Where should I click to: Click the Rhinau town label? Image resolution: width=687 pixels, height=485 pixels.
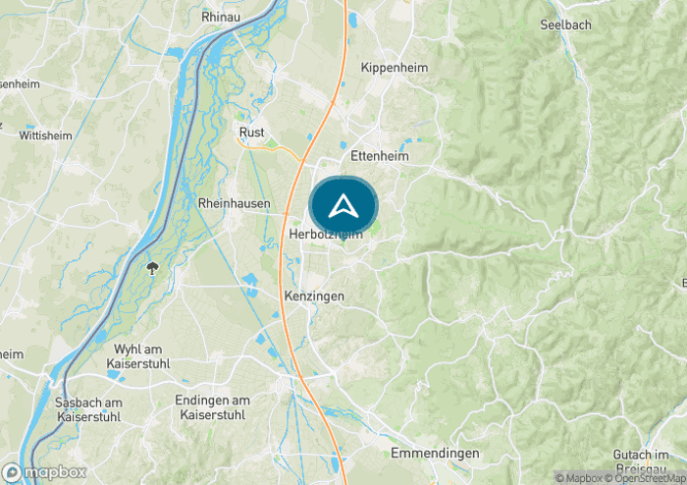pos(222,17)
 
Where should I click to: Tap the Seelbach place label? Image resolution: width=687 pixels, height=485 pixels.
pos(564,24)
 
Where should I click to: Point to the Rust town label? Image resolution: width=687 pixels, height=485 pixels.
pos(252,132)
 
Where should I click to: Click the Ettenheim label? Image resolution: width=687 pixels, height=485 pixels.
pos(379,155)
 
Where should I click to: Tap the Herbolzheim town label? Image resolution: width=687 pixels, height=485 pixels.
pos(326,235)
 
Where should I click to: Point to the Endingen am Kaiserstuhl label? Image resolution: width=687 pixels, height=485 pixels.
pos(212,407)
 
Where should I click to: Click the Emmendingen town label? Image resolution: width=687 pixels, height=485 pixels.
pos(435,453)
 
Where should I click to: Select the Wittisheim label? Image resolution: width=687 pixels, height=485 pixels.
pos(45,135)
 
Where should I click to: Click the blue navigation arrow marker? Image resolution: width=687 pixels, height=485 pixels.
pos(343,206)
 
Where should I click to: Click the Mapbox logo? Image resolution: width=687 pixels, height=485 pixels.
pos(44,472)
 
